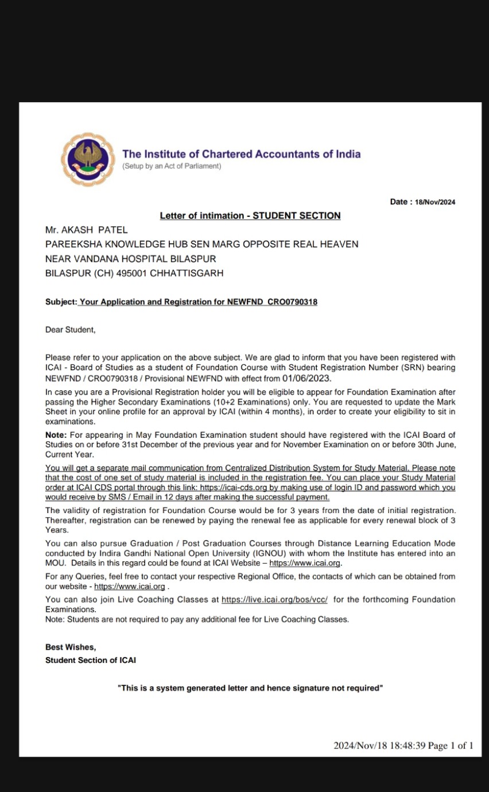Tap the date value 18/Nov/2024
click(435, 202)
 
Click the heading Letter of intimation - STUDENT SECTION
click(250, 216)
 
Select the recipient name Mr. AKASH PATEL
click(86, 230)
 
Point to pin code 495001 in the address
click(131, 274)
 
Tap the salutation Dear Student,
click(71, 330)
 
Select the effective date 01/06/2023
click(307, 379)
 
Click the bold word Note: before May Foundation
click(56, 435)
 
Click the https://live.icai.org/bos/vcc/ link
click(274, 599)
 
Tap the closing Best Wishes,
click(71, 647)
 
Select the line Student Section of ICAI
click(91, 661)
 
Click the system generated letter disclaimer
click(250, 688)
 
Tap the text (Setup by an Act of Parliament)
click(171, 166)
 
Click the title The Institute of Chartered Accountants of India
click(241, 154)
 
